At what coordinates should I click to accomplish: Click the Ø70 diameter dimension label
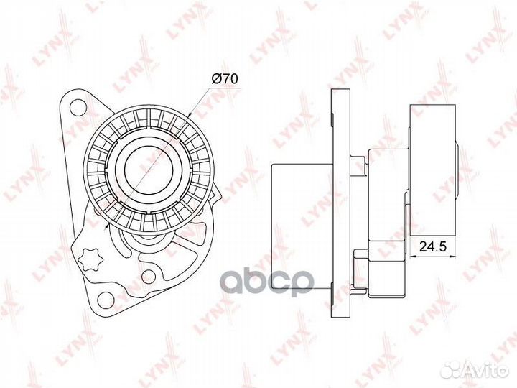pos(224,79)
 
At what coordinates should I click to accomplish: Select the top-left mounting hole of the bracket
pos(78,107)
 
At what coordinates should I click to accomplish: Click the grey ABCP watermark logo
pos(266,282)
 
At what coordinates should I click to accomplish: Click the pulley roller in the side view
pos(432,170)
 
